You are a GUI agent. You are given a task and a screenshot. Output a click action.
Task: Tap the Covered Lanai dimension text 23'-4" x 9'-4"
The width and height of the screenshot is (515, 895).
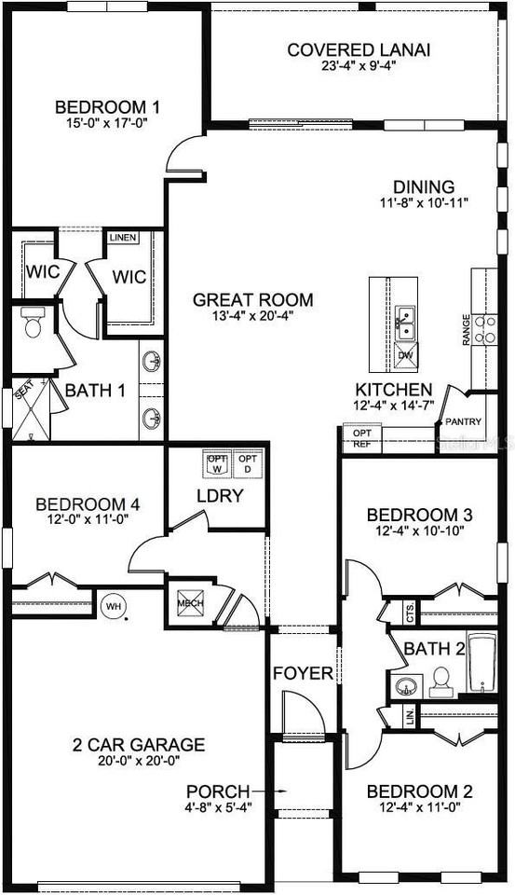tap(359, 66)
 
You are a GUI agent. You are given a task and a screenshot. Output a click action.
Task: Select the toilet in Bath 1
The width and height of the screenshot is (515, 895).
tap(34, 323)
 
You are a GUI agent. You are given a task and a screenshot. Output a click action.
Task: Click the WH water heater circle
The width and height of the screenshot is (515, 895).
tap(113, 605)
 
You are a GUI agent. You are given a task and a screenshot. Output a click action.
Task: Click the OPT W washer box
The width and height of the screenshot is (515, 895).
tap(217, 462)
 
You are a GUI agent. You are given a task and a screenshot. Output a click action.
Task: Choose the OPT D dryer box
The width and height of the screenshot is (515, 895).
tap(248, 462)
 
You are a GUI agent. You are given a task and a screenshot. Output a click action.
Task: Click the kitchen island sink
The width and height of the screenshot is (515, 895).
tap(405, 324)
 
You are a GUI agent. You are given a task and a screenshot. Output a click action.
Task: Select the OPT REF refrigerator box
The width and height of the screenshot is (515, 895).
tap(361, 438)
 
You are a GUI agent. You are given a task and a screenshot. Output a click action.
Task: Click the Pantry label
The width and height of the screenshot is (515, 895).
tap(463, 421)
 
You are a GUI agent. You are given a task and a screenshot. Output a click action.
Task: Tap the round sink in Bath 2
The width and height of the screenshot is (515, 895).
tap(406, 688)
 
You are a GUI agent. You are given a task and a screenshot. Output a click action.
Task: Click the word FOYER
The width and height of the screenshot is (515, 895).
tap(303, 673)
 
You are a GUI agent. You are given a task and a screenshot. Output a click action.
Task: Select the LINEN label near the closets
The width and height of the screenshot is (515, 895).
tap(123, 238)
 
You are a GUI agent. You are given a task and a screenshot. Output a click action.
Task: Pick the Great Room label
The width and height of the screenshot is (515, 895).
tap(253, 300)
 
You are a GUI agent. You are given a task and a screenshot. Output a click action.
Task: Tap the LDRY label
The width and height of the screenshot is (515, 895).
tap(220, 496)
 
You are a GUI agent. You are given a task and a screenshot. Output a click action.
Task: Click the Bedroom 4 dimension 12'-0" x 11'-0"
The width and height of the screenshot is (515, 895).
tap(85, 522)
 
